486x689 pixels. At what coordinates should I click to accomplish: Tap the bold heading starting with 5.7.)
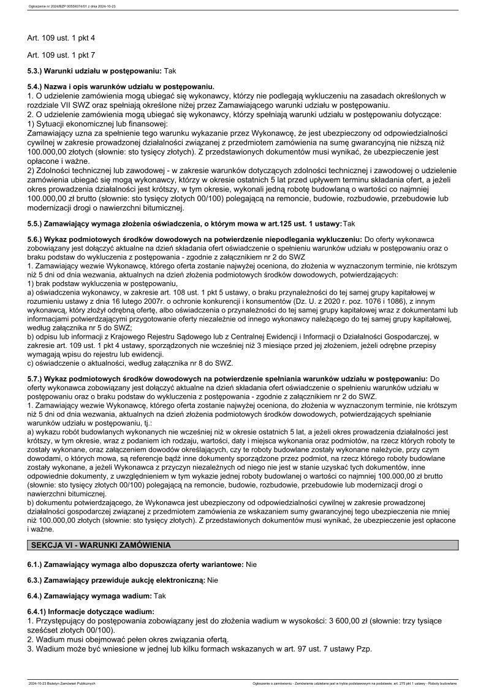click(x=227, y=379)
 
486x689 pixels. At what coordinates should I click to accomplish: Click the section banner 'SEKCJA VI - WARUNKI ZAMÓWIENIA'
click(x=101, y=544)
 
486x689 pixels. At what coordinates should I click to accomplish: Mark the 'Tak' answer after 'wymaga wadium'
click(x=160, y=595)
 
